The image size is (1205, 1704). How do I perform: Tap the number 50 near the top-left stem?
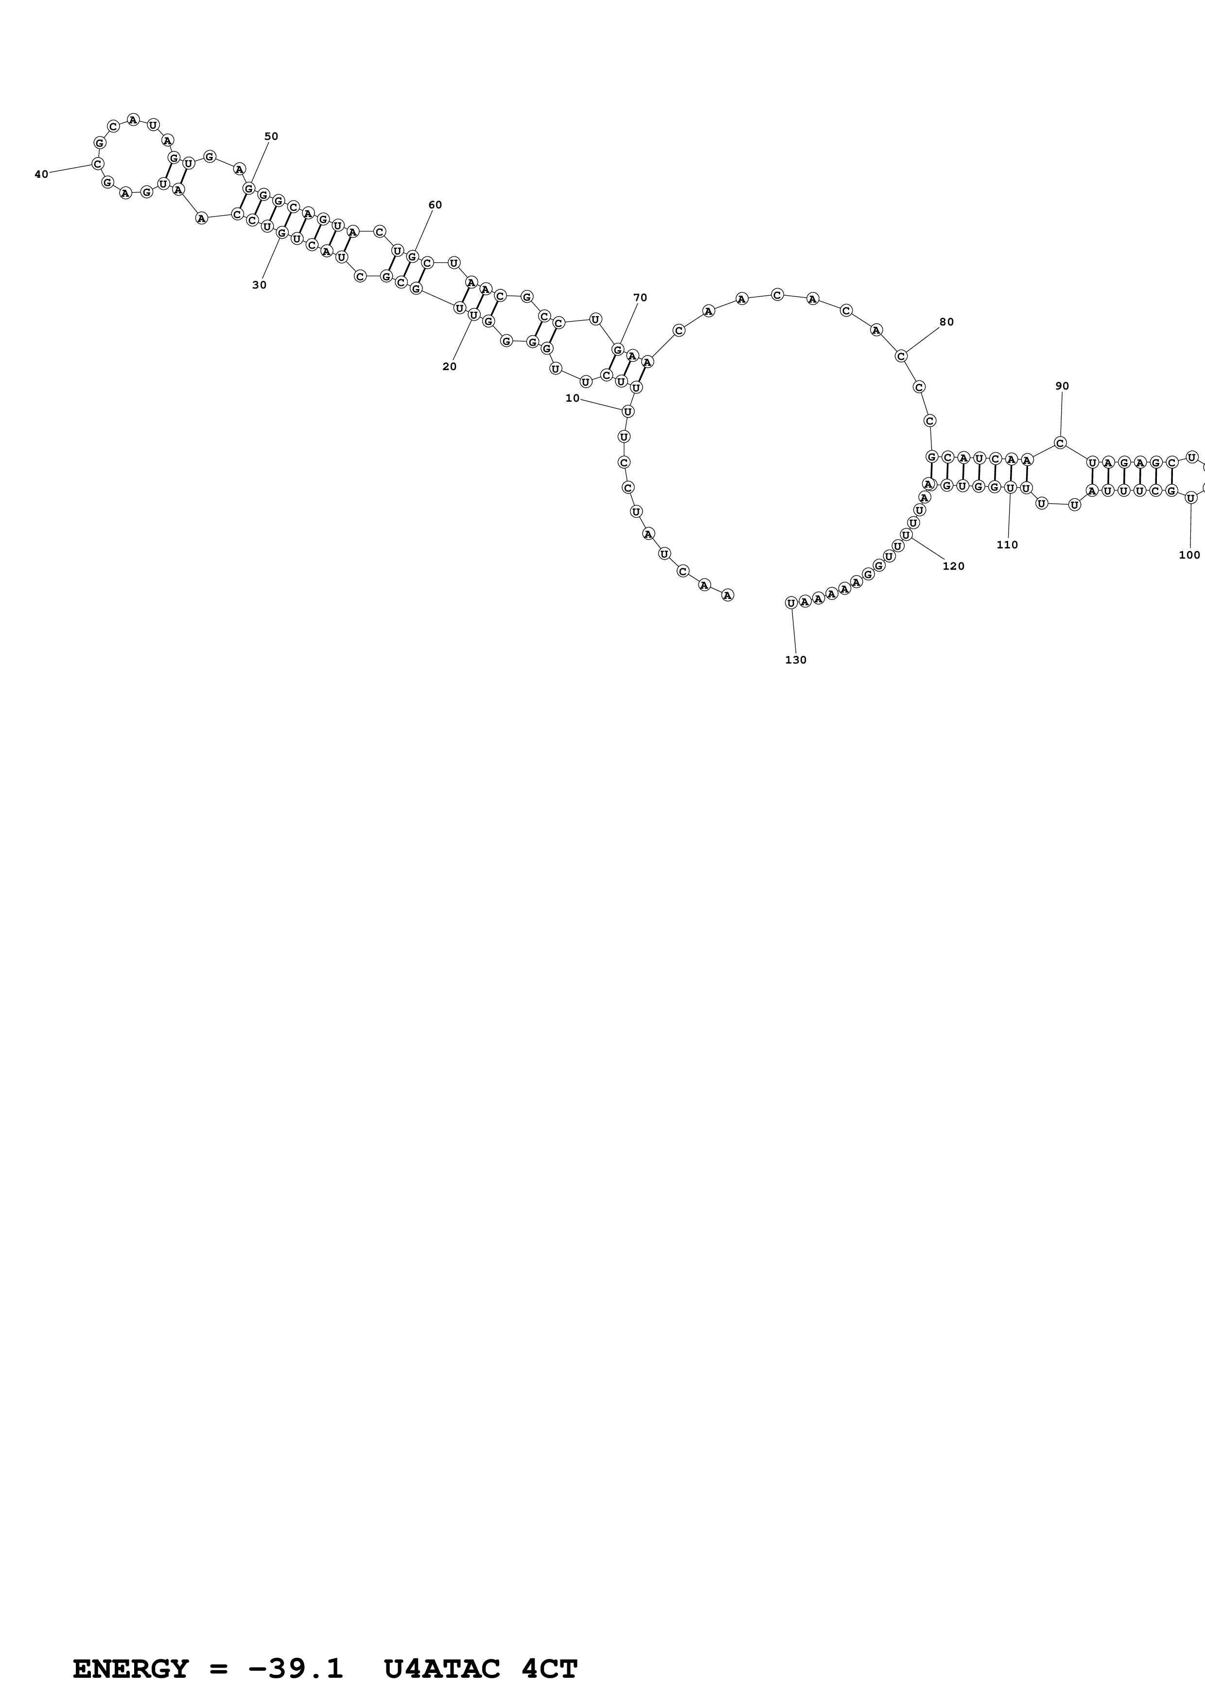(x=271, y=136)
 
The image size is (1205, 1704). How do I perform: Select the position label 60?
(x=435, y=205)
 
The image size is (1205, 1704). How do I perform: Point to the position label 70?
(x=640, y=298)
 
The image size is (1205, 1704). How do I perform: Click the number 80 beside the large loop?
(x=946, y=322)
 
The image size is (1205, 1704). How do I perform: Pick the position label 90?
(x=1063, y=386)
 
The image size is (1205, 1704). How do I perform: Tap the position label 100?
(x=1189, y=554)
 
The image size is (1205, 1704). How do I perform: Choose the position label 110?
(x=1008, y=545)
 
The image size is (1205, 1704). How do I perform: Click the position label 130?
(x=796, y=660)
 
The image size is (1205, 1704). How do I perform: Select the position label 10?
(x=573, y=398)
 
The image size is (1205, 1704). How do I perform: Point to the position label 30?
(x=259, y=285)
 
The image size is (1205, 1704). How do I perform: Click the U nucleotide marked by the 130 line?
(x=791, y=603)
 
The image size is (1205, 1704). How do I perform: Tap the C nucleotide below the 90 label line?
(x=1060, y=443)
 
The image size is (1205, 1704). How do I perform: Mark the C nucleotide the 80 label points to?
(x=901, y=356)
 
